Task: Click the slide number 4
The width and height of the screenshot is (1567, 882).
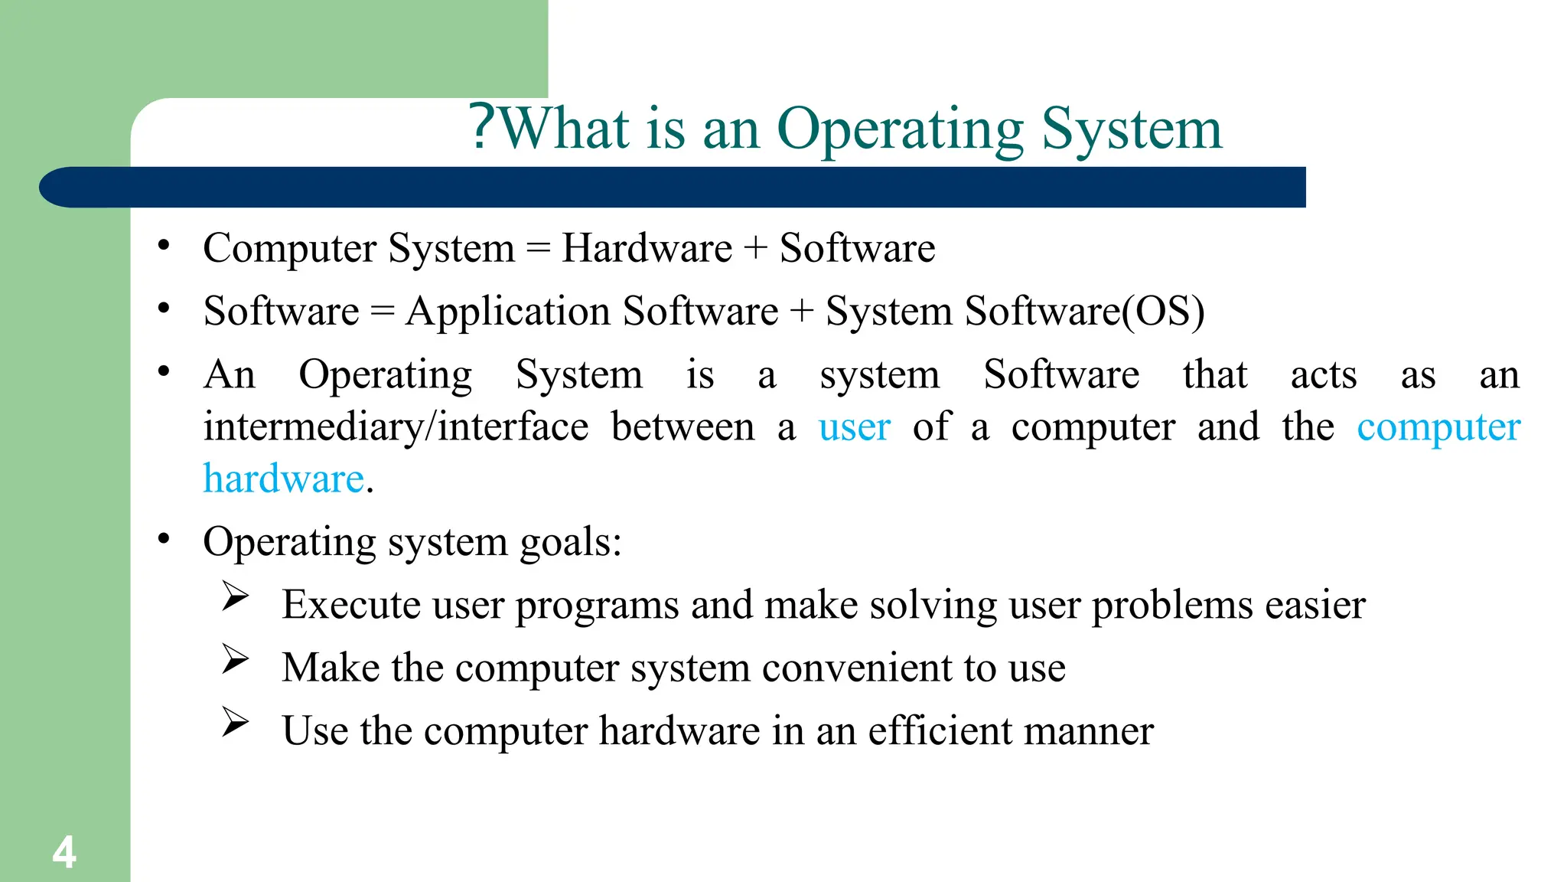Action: tap(64, 852)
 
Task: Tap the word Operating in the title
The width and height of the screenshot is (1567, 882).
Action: tap(900, 129)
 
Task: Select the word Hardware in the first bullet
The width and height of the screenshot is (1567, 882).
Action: tap(647, 248)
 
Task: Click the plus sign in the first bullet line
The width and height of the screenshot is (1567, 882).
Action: tap(755, 249)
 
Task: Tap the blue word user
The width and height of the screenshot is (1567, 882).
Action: tap(854, 427)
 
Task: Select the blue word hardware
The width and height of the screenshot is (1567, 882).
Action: tap(283, 479)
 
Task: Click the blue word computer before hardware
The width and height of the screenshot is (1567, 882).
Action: tap(1438, 427)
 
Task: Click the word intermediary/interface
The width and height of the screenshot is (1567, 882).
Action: tap(396, 427)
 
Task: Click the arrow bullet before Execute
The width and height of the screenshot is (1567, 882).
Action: tap(236, 596)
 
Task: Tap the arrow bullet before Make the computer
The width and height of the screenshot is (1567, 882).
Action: tap(236, 658)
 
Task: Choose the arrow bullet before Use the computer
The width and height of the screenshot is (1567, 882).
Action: tap(236, 721)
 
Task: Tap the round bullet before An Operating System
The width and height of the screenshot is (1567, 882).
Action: tap(164, 372)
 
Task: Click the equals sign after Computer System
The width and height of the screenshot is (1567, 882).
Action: tap(538, 249)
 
